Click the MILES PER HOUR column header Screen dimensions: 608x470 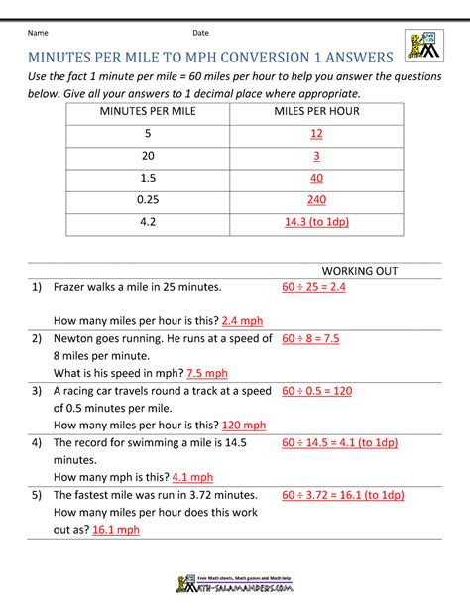(316, 111)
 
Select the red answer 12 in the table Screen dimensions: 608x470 (316, 134)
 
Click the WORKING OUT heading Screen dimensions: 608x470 (361, 271)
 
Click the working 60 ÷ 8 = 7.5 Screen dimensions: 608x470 (324, 338)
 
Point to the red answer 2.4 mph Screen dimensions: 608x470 (245, 321)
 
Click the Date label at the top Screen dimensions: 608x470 (201, 33)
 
